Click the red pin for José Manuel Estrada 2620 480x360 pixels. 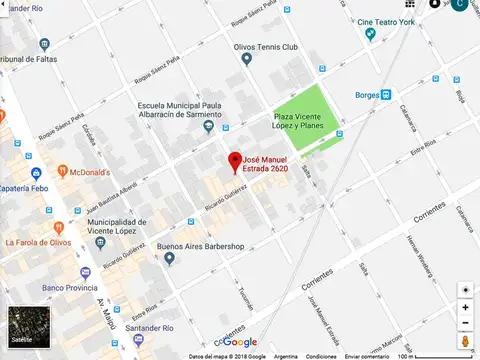235,161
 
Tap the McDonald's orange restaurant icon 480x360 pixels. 62,171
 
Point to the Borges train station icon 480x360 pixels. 386,95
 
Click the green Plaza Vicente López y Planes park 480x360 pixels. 309,115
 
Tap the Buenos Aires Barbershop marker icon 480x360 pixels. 170,258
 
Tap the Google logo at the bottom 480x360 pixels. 239,342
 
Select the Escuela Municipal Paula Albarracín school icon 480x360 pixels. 208,126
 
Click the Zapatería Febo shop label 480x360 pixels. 26,187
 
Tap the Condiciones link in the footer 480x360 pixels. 321,356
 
